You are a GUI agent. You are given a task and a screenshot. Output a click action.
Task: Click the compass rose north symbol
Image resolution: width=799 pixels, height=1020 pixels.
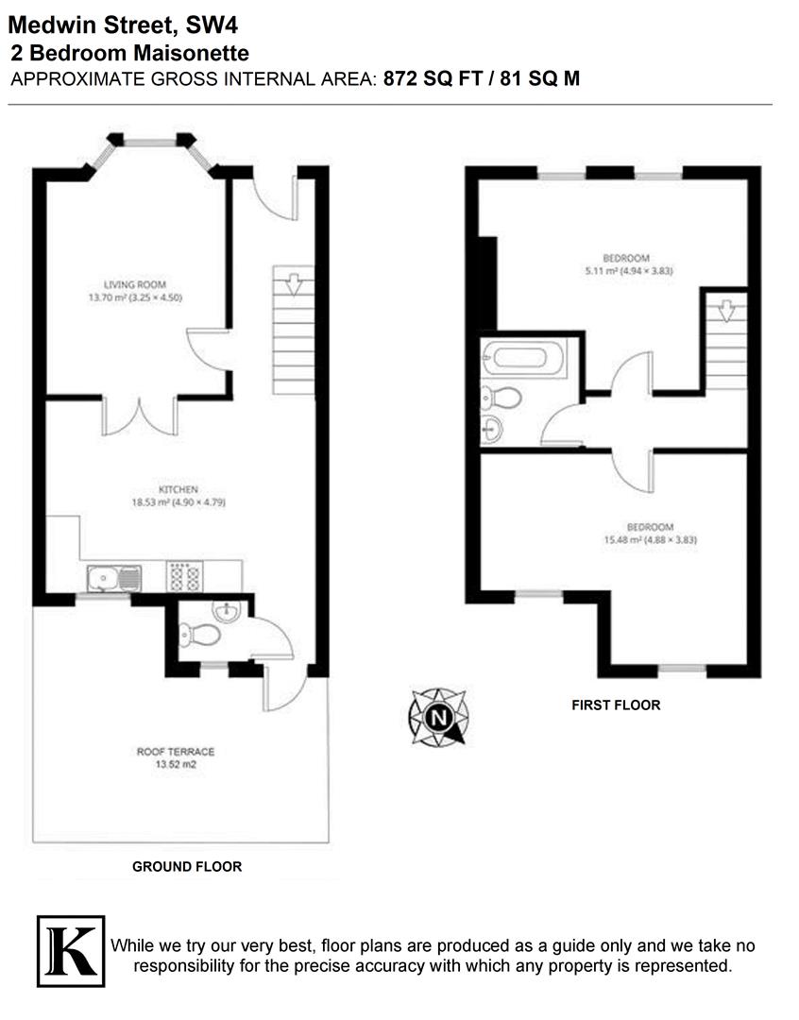(437, 717)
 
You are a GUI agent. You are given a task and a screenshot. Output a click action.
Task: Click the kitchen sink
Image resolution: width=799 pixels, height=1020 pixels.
(112, 577)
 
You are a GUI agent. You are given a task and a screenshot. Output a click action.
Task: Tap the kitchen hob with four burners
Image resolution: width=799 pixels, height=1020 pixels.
(184, 577)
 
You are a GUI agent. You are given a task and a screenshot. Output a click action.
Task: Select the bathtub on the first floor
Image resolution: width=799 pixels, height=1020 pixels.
(522, 358)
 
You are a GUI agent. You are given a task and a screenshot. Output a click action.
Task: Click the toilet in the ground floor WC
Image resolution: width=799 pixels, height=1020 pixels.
(200, 636)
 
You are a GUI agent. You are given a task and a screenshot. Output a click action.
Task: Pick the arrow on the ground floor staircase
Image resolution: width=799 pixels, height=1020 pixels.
(293, 282)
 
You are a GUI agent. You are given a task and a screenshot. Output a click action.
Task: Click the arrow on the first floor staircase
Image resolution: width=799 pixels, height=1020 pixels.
(724, 311)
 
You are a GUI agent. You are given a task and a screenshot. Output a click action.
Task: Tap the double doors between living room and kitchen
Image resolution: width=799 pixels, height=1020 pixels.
(140, 416)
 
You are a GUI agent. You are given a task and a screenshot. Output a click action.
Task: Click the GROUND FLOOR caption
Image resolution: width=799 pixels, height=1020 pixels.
(186, 866)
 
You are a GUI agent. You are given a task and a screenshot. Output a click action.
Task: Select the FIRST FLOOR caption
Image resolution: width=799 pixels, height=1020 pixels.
(616, 705)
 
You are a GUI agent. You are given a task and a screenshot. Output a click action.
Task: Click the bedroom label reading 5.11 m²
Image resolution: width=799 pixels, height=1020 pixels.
(626, 264)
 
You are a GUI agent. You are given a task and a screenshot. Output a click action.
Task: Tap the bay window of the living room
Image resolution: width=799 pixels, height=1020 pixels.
(151, 144)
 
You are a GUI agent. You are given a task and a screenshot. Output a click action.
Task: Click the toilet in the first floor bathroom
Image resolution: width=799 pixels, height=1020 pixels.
(502, 398)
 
